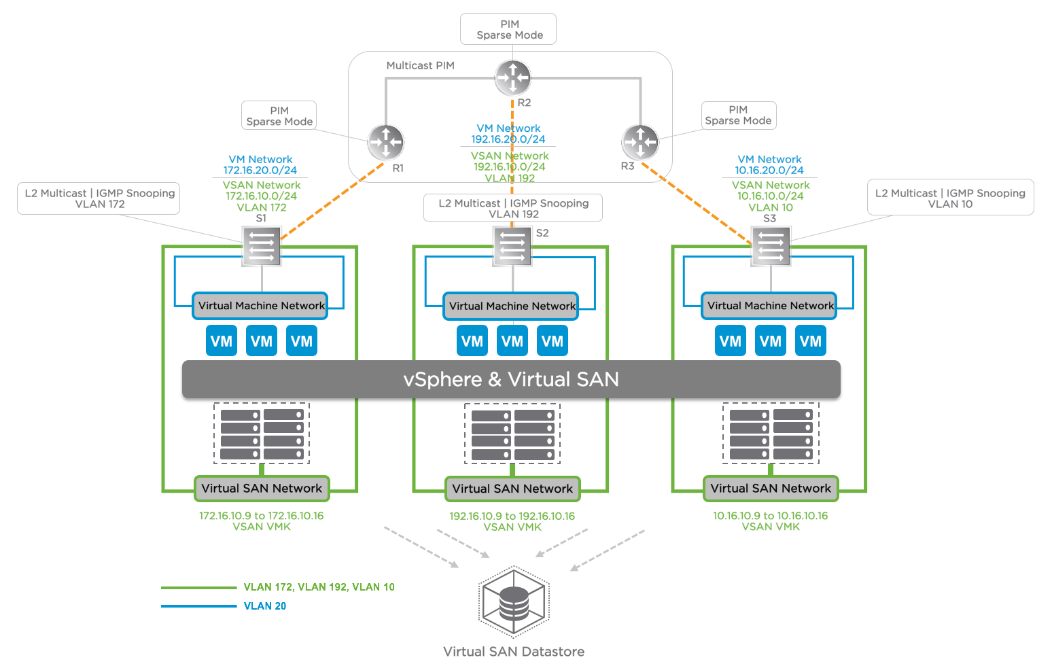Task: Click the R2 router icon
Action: point(512,77)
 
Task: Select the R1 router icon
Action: point(386,142)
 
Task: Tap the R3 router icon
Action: point(640,142)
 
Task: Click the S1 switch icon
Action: point(262,245)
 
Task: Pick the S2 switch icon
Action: point(512,245)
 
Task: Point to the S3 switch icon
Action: point(771,245)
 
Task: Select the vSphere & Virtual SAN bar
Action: point(511,379)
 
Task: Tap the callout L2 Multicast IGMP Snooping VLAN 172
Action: point(99,198)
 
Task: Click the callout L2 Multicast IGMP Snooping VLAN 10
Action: point(950,198)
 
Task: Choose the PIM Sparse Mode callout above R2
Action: point(509,29)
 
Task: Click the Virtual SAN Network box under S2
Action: point(512,489)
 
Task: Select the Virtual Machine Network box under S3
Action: point(770,306)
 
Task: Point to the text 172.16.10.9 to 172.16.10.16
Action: point(262,516)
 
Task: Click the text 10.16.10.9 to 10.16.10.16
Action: point(770,516)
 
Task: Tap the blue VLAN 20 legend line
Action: point(198,606)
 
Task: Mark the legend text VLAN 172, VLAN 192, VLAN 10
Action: point(319,587)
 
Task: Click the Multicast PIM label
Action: point(420,66)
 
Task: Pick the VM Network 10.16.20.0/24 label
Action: point(769,165)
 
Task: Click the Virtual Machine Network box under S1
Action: point(261,306)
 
